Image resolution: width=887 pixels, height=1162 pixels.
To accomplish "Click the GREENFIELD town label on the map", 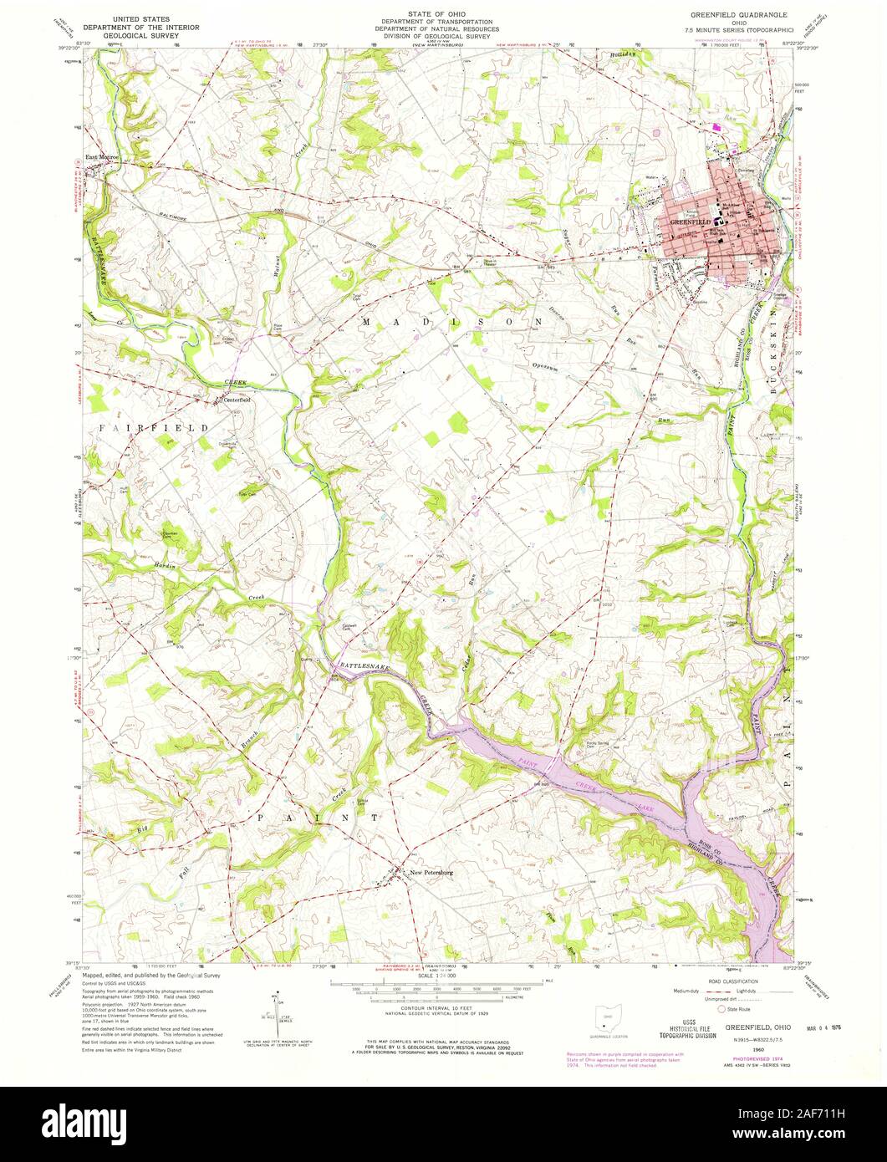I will click(690, 222).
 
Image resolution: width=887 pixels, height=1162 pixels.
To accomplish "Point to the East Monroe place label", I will click(104, 157).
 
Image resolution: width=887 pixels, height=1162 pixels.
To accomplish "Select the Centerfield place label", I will click(239, 400).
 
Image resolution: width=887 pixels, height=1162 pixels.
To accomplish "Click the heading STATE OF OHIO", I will click(443, 13).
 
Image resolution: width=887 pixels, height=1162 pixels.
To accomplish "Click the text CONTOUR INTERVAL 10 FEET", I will click(443, 1007).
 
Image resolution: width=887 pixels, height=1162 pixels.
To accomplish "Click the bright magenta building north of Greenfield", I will click(716, 127).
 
